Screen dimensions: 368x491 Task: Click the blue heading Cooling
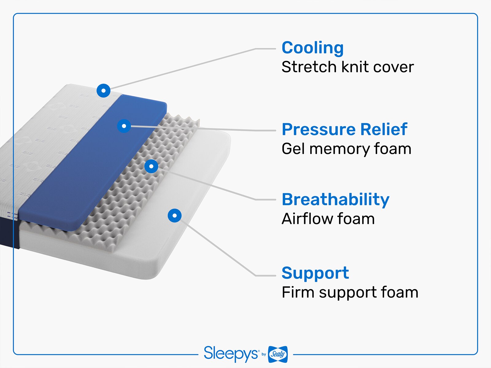(x=312, y=48)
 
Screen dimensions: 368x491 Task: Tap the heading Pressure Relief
(x=344, y=129)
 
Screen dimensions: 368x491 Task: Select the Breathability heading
(x=335, y=199)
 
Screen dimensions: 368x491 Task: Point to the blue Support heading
(x=315, y=273)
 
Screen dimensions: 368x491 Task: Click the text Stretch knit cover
(x=347, y=67)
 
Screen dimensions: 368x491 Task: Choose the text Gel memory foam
(x=346, y=149)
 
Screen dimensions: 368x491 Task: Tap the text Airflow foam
(x=328, y=219)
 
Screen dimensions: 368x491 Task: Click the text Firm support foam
(x=350, y=292)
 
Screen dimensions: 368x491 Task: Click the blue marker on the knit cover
(x=103, y=90)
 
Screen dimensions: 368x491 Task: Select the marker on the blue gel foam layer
(x=124, y=126)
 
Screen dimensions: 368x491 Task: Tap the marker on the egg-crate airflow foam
(x=151, y=166)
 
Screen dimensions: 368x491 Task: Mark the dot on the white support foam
(x=175, y=216)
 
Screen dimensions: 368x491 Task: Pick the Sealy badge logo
(x=278, y=354)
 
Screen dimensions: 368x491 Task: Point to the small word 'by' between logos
(x=264, y=355)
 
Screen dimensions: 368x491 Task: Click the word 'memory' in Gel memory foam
(x=339, y=149)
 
